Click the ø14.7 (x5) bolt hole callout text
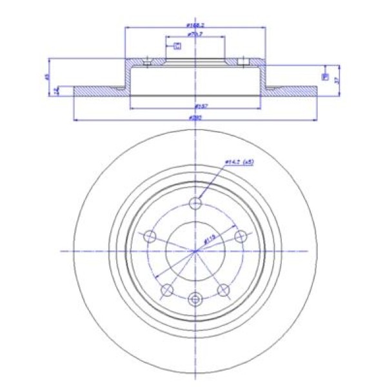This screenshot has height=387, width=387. [x=237, y=163]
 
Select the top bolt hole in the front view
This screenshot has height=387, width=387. [x=195, y=204]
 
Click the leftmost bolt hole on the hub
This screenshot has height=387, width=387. [x=150, y=237]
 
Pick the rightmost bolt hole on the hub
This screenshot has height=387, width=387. [x=241, y=237]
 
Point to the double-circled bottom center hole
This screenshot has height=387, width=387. [x=195, y=298]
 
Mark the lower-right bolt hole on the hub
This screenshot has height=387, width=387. [x=224, y=289]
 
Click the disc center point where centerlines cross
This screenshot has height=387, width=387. [x=195, y=250]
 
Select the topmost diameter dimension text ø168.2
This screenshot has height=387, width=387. [x=195, y=25]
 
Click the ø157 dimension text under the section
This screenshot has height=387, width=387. [x=195, y=106]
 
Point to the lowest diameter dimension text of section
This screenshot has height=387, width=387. [x=195, y=117]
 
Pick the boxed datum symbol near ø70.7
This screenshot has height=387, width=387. [x=177, y=45]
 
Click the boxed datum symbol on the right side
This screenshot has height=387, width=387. [x=325, y=77]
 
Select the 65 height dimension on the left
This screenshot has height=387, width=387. [x=47, y=77]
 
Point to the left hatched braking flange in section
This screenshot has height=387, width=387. [x=100, y=91]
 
